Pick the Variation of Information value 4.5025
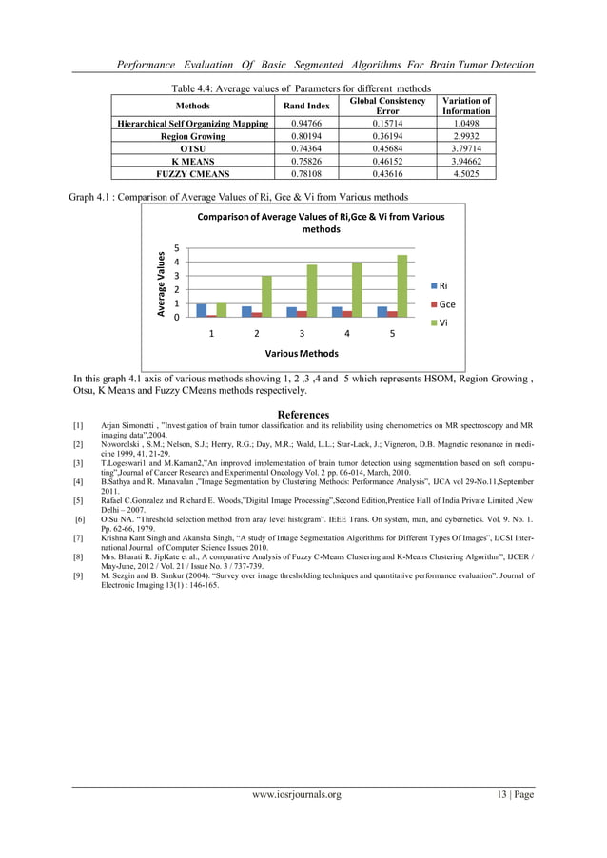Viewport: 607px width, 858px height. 466,174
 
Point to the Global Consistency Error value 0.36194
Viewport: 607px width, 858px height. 386,137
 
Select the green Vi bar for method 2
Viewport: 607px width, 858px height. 267,296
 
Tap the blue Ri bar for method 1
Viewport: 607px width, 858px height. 202,310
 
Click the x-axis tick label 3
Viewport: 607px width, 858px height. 302,334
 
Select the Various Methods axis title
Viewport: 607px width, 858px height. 302,353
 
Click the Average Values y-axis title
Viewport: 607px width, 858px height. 163,283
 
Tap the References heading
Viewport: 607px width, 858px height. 303,415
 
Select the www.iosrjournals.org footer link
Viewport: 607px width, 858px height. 296,795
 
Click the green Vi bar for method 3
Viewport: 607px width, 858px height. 312,290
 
